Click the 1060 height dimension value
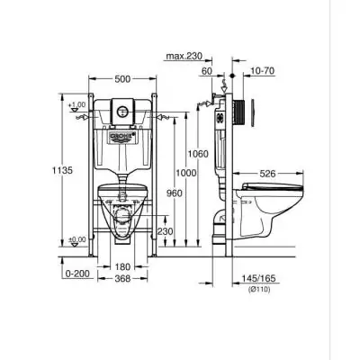[200, 154]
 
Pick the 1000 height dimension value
[185, 173]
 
